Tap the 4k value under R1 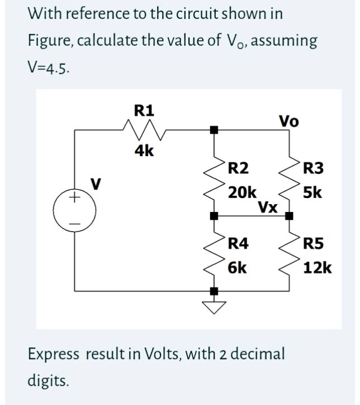pyautogui.click(x=145, y=150)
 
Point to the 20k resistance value pyautogui.click(x=243, y=192)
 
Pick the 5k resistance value pyautogui.click(x=311, y=192)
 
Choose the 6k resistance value pyautogui.click(x=238, y=267)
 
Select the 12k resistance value pyautogui.click(x=317, y=267)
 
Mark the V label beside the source pyautogui.click(x=96, y=182)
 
